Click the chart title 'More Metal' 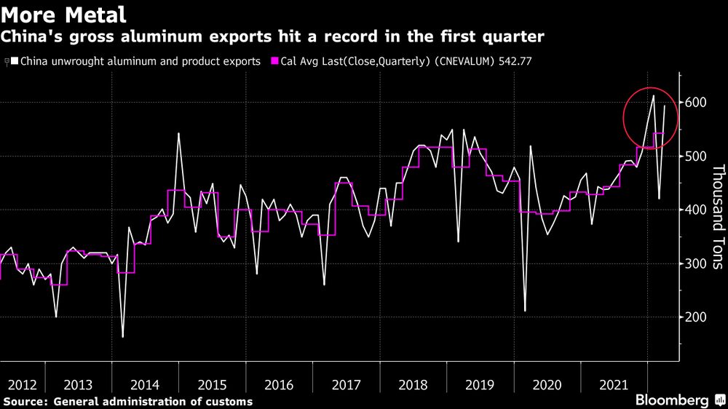click(x=65, y=14)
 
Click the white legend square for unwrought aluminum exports click(x=14, y=62)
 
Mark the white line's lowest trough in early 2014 click(x=122, y=337)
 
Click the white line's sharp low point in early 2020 click(x=525, y=311)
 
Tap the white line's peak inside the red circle click(x=653, y=95)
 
